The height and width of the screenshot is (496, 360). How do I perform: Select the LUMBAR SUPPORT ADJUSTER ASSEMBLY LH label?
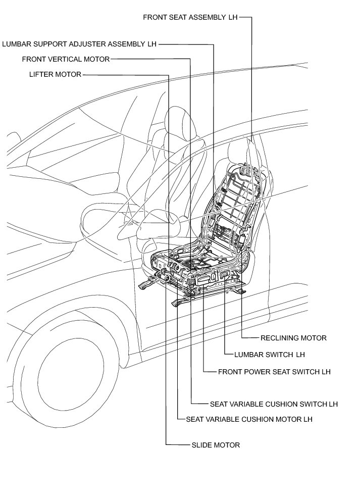pyautogui.click(x=79, y=44)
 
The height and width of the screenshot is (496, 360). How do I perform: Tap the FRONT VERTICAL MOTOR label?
pyautogui.click(x=66, y=59)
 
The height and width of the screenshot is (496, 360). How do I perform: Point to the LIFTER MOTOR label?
pyautogui.click(x=55, y=75)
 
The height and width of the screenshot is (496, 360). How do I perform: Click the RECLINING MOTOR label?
pyautogui.click(x=293, y=338)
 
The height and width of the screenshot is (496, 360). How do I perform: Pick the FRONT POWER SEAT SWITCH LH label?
pyautogui.click(x=274, y=372)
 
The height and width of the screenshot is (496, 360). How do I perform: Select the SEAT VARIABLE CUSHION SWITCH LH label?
pyautogui.click(x=274, y=404)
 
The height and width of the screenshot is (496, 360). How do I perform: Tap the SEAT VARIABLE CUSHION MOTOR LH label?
pyautogui.click(x=249, y=419)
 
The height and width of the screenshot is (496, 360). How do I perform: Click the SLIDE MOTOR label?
pyautogui.click(x=216, y=445)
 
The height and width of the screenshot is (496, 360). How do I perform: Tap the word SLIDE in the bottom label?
pyautogui.click(x=201, y=445)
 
